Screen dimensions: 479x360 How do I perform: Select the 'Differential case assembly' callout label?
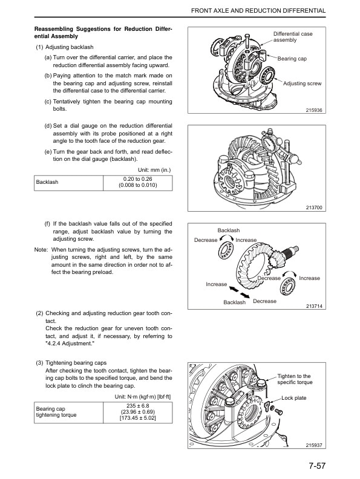[x=293, y=37]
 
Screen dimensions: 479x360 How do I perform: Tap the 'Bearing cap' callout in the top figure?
[x=293, y=59]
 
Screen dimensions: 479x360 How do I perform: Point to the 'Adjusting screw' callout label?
[x=302, y=83]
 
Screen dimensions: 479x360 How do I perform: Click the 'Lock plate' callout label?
[x=295, y=398]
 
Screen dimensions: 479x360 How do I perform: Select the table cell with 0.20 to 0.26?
[x=138, y=181]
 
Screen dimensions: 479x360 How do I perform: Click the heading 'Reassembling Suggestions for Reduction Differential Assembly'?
[x=103, y=33]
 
